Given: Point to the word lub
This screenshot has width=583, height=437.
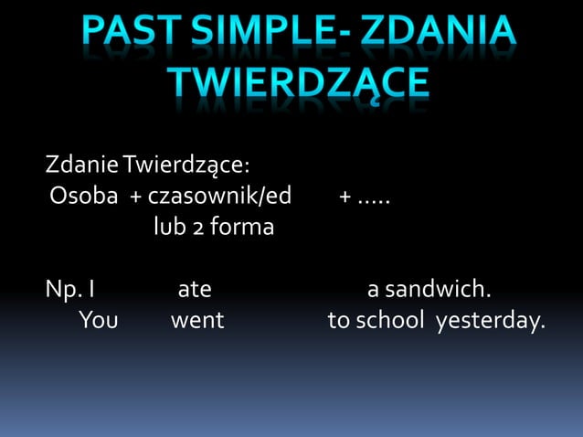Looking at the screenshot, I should click(x=169, y=226).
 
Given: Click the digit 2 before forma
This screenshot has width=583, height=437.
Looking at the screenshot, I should click(x=197, y=227).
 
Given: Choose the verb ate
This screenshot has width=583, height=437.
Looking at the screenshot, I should click(x=194, y=291).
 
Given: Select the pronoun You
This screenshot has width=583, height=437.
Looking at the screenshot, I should click(x=98, y=321).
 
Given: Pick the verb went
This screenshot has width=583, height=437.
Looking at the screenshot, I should click(x=197, y=321).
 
